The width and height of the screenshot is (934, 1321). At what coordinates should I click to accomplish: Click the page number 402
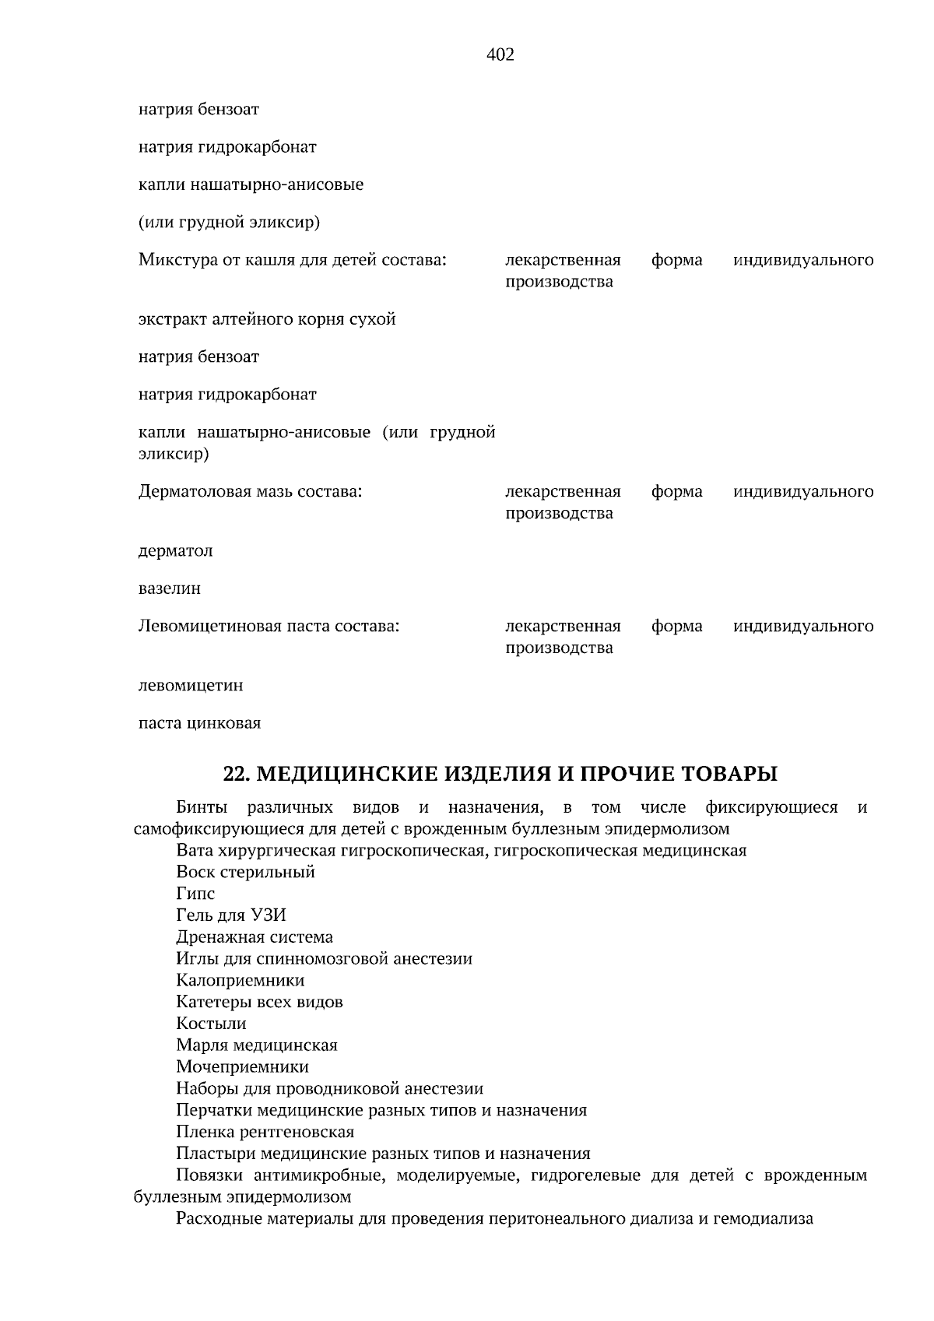tap(500, 54)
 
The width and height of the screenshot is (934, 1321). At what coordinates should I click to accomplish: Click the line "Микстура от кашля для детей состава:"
tap(292, 260)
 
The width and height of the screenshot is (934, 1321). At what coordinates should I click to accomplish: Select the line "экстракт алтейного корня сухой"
tap(267, 320)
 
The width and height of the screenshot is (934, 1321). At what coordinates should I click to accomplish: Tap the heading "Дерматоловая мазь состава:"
tap(250, 492)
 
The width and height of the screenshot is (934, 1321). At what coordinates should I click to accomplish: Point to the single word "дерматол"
tap(175, 551)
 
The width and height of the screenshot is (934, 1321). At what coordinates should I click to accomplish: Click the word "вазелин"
tap(170, 588)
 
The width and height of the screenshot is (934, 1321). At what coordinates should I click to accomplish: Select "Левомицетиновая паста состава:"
tap(269, 627)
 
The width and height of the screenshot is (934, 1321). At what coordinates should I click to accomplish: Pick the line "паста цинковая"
tap(199, 723)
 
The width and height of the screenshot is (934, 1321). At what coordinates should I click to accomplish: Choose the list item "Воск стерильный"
tap(245, 872)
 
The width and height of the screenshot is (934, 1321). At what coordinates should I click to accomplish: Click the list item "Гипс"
tap(195, 894)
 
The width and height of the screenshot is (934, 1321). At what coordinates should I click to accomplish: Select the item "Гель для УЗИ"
tap(231, 915)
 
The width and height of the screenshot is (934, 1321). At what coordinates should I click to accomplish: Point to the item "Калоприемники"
tap(240, 980)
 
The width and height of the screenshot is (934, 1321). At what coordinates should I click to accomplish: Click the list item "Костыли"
tap(211, 1024)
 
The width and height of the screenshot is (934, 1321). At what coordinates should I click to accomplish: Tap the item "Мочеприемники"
tap(242, 1066)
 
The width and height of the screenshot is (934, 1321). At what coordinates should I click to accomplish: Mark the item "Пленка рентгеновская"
tap(265, 1132)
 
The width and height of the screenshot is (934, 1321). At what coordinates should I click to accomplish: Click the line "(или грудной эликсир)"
tap(229, 223)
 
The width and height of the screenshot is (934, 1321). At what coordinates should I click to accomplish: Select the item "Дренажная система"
tap(254, 937)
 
